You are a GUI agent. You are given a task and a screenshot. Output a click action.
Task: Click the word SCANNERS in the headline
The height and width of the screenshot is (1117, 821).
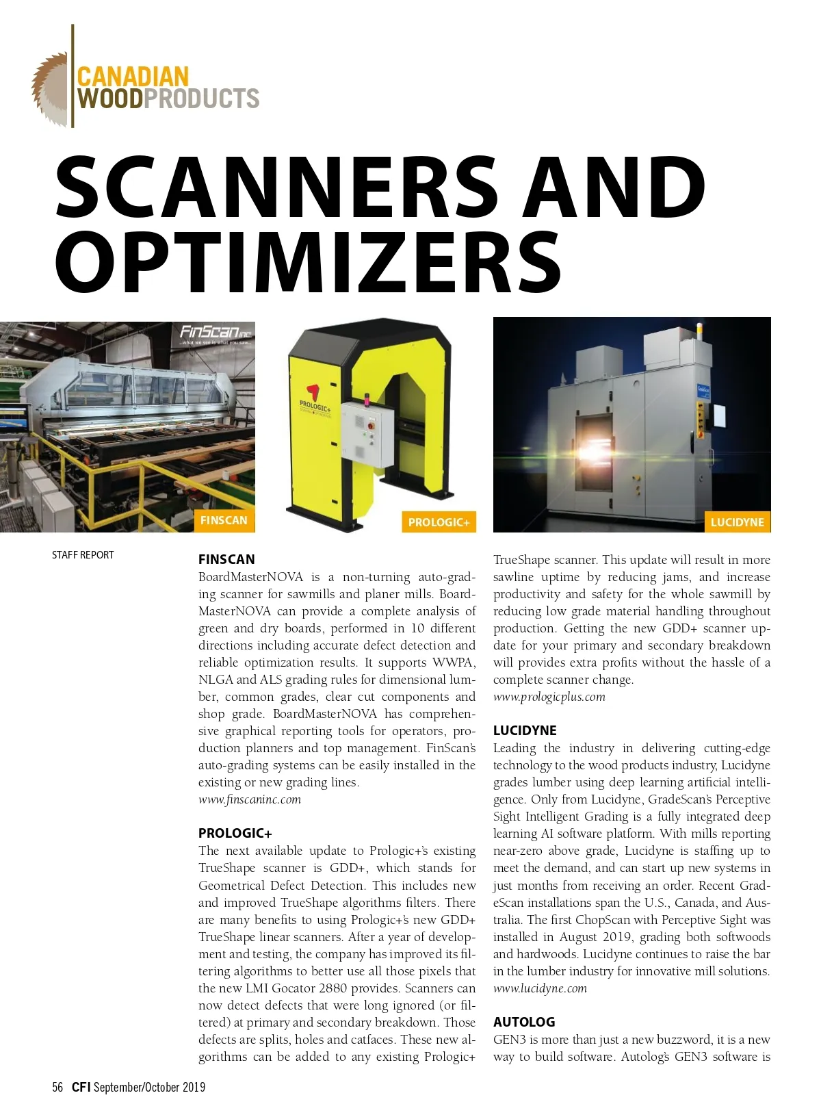(276, 187)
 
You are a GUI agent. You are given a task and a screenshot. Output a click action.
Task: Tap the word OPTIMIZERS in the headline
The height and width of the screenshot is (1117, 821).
(308, 262)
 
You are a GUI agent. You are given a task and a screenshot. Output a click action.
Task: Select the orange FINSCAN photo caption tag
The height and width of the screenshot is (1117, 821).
(224, 520)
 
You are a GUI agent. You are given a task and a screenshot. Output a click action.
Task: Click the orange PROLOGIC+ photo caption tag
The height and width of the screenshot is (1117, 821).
(439, 522)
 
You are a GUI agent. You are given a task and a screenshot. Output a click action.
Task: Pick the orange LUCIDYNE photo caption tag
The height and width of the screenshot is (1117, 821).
(737, 522)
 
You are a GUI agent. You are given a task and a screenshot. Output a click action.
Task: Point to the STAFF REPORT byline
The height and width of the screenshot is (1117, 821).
(83, 555)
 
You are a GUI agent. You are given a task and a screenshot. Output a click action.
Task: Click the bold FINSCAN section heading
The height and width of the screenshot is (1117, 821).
(226, 559)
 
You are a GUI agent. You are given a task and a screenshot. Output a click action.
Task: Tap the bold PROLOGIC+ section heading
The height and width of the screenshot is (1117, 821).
(235, 833)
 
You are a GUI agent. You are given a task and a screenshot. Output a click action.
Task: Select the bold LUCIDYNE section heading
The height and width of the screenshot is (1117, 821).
(525, 730)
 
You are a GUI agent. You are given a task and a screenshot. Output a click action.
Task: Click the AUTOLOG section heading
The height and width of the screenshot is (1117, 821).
(524, 1022)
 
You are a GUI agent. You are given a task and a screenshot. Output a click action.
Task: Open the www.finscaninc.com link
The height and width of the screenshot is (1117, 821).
(250, 799)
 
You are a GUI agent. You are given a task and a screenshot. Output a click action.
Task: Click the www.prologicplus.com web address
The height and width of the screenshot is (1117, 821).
(549, 697)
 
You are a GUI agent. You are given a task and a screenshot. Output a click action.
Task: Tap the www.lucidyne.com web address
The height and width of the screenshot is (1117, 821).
(540, 988)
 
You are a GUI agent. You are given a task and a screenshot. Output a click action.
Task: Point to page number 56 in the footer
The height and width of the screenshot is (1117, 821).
(57, 1087)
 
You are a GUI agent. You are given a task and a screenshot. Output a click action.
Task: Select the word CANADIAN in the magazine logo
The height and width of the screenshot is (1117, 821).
(133, 77)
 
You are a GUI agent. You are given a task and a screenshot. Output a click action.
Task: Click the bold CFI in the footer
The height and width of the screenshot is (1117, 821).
(81, 1087)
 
